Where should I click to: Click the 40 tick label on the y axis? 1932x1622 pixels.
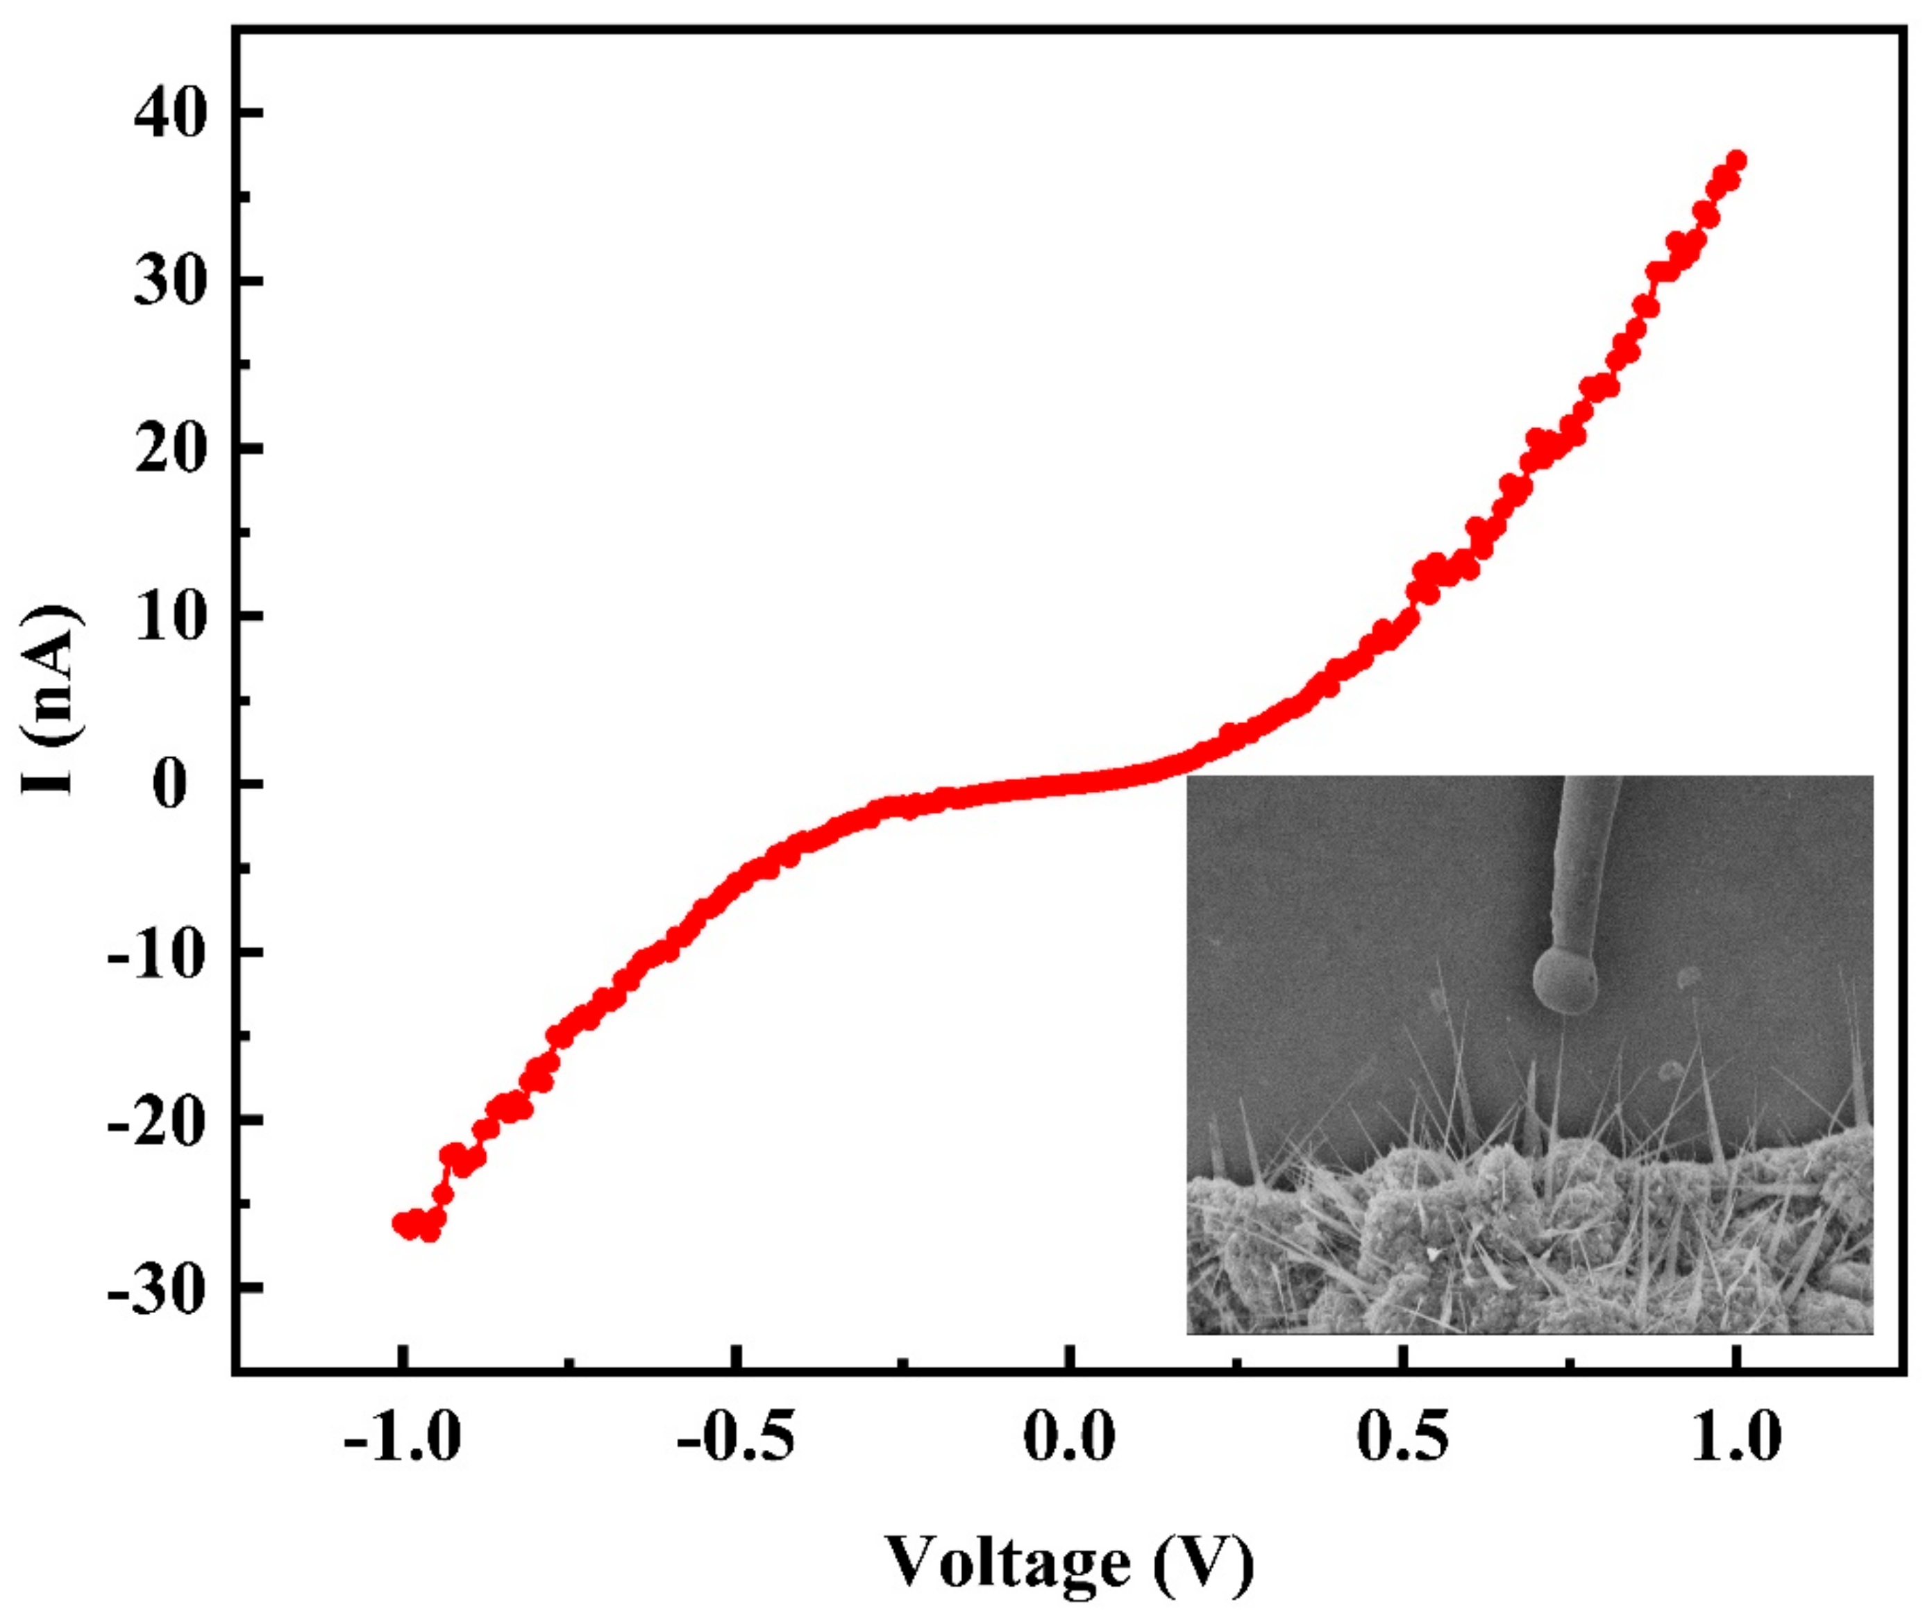[169, 117]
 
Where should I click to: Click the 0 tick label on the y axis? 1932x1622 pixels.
[169, 785]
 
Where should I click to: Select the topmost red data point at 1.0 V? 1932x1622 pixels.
[1736, 161]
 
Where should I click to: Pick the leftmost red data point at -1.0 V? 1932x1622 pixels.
[402, 1224]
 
